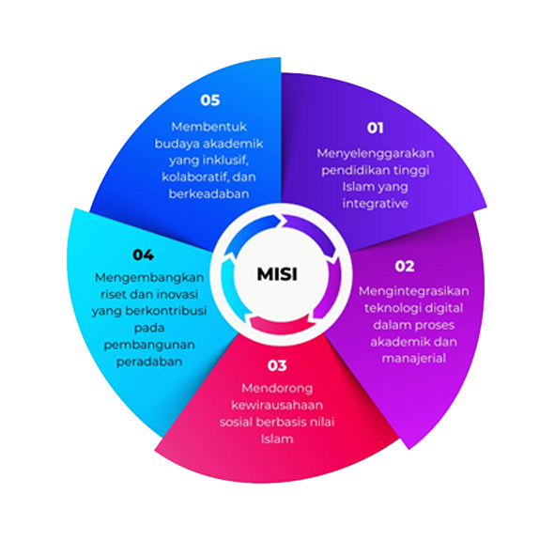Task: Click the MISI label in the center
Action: [277, 274]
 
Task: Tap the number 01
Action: [376, 128]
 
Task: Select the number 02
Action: [405, 266]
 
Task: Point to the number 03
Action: [277, 365]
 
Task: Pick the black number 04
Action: [143, 254]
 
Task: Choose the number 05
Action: [210, 100]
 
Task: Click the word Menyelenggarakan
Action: [376, 154]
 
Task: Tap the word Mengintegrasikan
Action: [413, 291]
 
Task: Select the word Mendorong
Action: [277, 389]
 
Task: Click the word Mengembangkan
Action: [149, 278]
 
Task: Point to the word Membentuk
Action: [208, 127]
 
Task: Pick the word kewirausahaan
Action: [277, 405]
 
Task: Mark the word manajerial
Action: [413, 359]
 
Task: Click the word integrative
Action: [376, 204]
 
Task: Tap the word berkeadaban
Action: [208, 194]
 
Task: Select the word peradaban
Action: [149, 362]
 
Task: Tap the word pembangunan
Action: [149, 345]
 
